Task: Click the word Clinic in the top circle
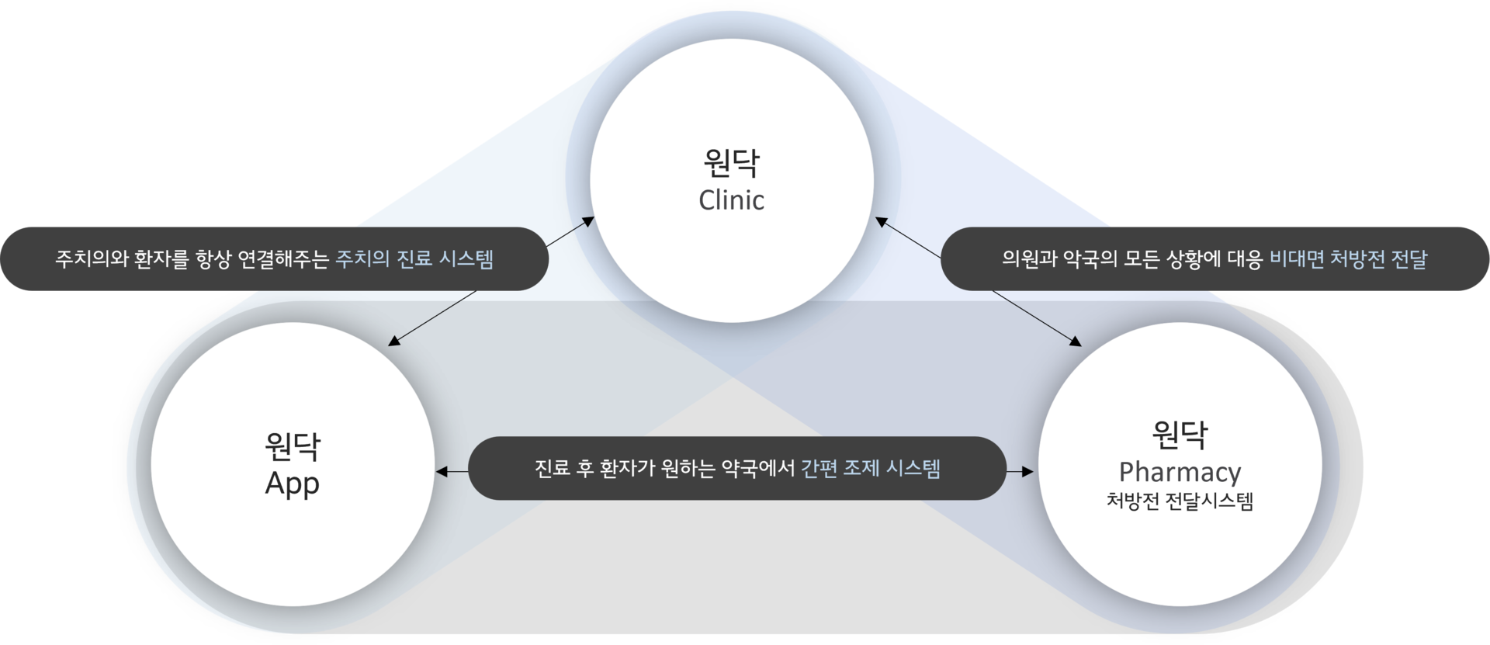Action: (x=731, y=200)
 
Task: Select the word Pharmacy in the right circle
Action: (x=1180, y=473)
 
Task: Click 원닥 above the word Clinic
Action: (x=731, y=162)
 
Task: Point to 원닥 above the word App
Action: (x=293, y=446)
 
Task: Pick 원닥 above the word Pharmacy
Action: (x=1180, y=434)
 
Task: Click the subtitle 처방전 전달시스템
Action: (x=1180, y=501)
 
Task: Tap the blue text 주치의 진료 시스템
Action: (x=414, y=258)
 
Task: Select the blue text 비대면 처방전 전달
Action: (x=1348, y=258)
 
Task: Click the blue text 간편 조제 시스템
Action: (x=871, y=468)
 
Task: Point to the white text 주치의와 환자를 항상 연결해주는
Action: (x=192, y=258)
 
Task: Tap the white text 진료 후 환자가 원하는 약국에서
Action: (x=665, y=468)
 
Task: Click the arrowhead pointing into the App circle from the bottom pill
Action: (x=441, y=471)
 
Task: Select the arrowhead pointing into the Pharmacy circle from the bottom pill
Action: (x=1028, y=471)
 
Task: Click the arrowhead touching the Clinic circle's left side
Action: (x=588, y=222)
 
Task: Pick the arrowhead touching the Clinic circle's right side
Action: (x=882, y=222)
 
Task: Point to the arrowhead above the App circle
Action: (x=394, y=340)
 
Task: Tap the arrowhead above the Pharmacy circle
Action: (x=1076, y=341)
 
